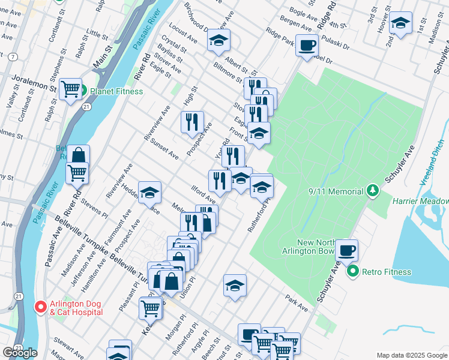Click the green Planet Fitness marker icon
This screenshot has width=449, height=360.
coord(83,91)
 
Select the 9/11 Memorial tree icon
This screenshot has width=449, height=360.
coord(373,191)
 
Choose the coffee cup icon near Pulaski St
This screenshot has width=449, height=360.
coord(307,44)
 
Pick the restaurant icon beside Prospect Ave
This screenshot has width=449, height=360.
coord(192,122)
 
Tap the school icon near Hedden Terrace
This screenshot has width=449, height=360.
coord(149,193)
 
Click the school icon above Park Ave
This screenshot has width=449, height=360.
coord(235,285)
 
